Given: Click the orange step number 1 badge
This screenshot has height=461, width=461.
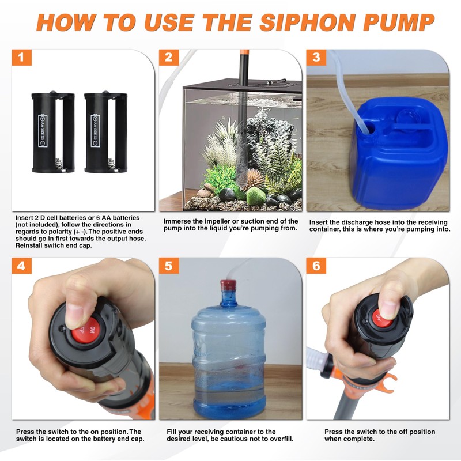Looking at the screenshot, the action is point(21,57).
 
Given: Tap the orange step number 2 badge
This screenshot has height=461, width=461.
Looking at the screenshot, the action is point(169,57).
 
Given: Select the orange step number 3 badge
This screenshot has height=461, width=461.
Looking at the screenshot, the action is point(316,57).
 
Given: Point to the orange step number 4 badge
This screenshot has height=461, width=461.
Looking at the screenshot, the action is point(21,266).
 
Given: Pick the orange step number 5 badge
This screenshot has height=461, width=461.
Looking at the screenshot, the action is point(169,266).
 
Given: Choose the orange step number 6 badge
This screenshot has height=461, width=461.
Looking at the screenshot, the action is point(316,266).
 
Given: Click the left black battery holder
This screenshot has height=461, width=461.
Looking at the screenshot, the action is point(53,132).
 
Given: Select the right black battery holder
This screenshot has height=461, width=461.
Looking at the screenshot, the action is point(106,132).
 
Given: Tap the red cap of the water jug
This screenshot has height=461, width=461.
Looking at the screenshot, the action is point(228,285).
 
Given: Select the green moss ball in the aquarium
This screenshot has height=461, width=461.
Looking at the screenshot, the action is point(255,196).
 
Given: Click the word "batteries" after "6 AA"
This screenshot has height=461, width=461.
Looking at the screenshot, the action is point(126,218).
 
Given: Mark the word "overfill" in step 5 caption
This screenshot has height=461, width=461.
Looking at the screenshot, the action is point(281,439).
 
